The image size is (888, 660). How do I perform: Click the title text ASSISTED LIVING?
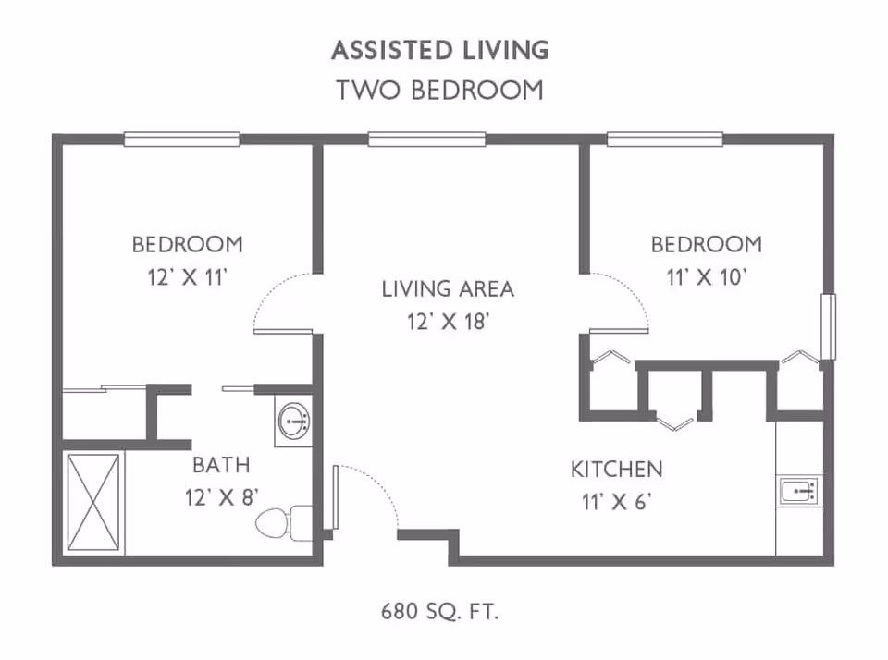(439, 50)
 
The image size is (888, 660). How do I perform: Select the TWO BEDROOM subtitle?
(439, 91)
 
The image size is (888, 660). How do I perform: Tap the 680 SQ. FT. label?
(441, 611)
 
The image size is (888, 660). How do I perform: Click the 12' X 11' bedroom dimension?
(188, 277)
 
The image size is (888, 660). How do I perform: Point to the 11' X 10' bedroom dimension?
(706, 277)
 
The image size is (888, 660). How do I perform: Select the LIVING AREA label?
(448, 288)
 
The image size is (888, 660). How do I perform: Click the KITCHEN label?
(616, 469)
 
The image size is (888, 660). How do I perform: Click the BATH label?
(220, 464)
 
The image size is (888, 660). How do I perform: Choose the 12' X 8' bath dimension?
(220, 497)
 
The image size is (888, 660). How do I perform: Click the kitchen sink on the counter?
(798, 491)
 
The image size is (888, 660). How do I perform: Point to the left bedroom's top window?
(183, 140)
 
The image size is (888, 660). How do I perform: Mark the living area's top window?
(427, 140)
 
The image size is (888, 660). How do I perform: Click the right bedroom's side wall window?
(828, 327)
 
